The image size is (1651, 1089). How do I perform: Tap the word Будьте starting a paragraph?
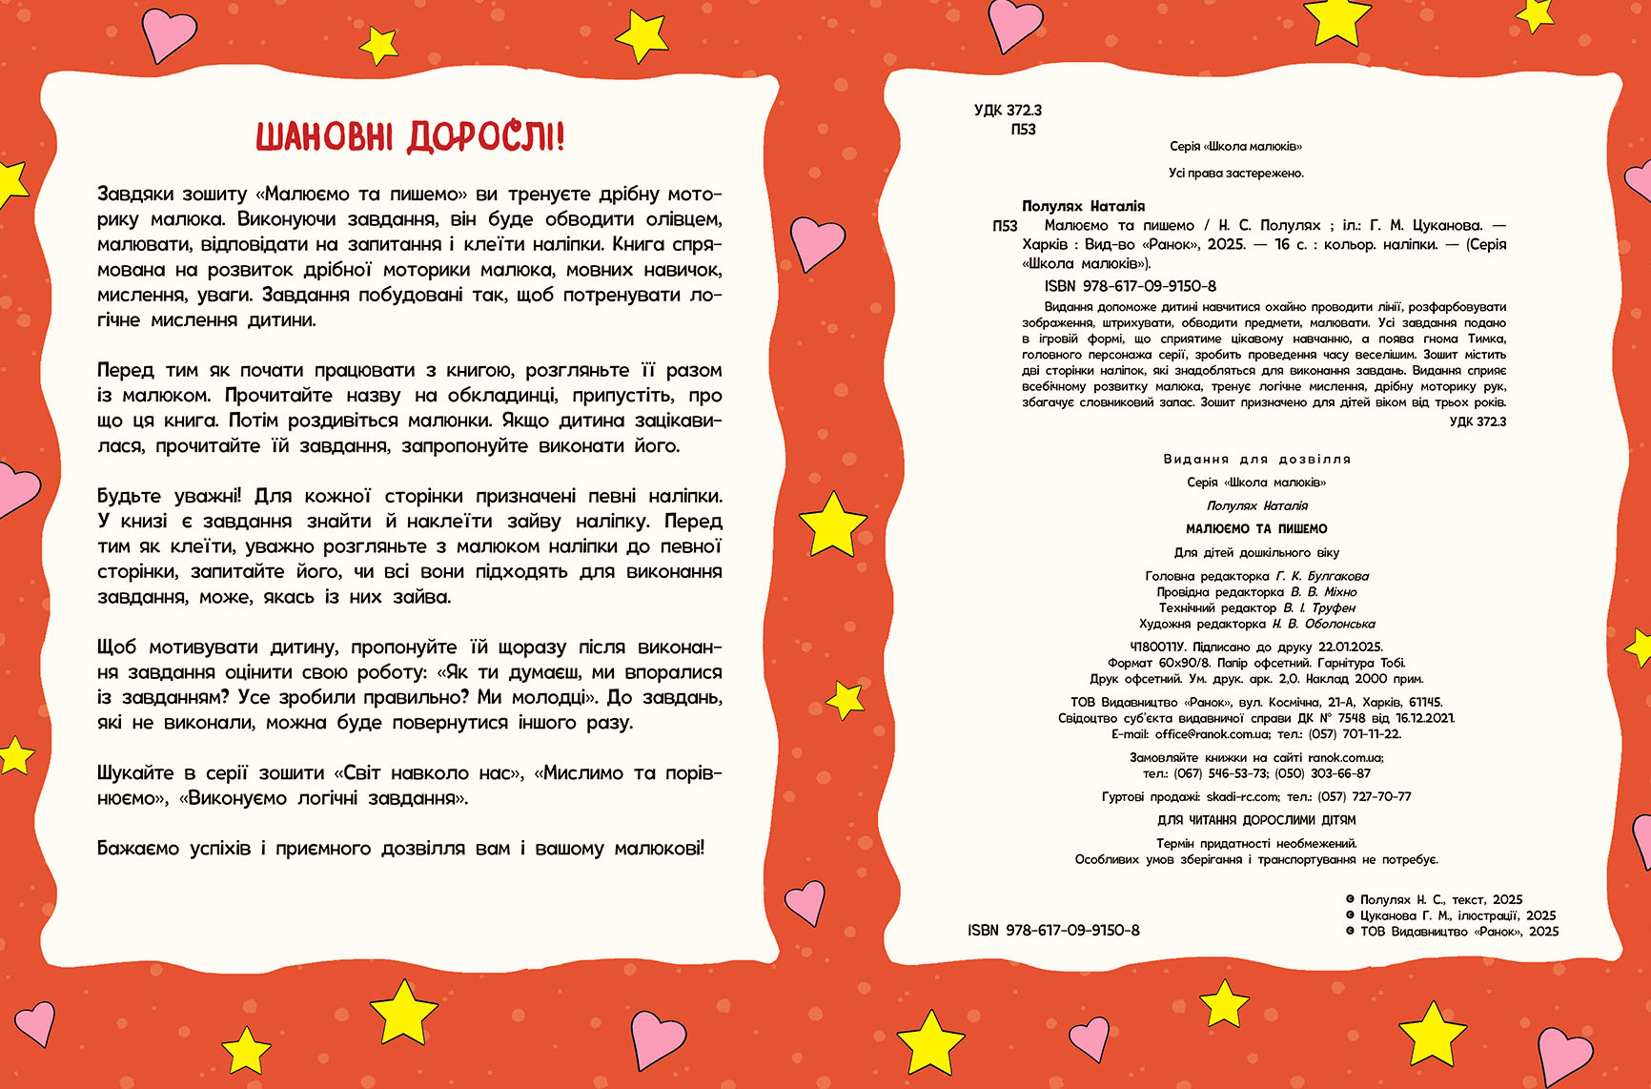pos(130,496)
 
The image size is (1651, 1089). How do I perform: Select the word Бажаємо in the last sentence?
pos(137,848)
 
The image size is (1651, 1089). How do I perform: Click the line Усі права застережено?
pos(1235,173)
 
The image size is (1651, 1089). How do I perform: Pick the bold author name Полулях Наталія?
pos(1083,206)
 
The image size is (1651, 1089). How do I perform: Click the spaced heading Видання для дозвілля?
pos(1256,459)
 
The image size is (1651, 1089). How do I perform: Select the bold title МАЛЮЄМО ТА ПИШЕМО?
pos(1256,528)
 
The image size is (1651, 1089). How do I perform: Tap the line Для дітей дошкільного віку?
pos(1256,552)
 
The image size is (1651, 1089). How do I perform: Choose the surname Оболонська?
pos(1339,624)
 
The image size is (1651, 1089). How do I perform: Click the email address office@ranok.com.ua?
pos(1212,734)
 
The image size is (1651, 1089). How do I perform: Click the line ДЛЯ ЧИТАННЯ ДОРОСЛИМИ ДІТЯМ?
pos(1256,820)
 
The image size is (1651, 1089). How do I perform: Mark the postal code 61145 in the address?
pos(1425,702)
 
